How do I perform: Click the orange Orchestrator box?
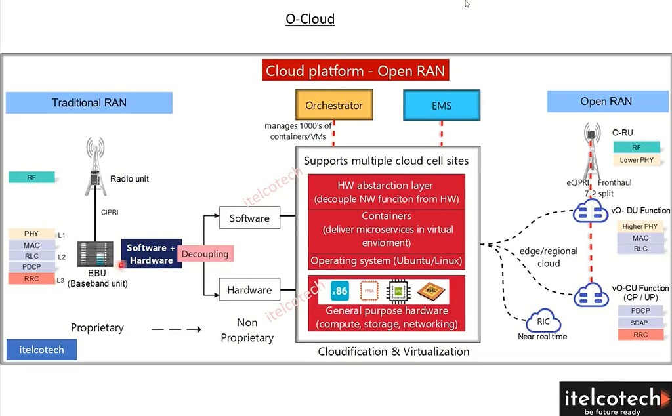(334, 105)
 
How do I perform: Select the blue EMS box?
(442, 105)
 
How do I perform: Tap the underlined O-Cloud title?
(310, 19)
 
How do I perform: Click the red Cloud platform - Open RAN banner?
(355, 71)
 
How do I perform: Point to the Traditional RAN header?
(89, 102)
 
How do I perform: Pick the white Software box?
(249, 218)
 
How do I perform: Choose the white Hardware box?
(249, 290)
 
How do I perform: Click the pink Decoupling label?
(205, 254)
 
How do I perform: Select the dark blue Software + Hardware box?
(151, 254)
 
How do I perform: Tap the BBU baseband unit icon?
(95, 255)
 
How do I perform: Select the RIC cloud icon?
(543, 322)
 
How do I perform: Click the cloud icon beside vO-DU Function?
(591, 211)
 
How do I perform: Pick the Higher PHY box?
(640, 226)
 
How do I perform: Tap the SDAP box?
(640, 323)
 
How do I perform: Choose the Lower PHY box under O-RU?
(636, 160)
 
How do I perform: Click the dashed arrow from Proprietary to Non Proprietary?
(176, 329)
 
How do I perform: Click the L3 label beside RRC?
(60, 280)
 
